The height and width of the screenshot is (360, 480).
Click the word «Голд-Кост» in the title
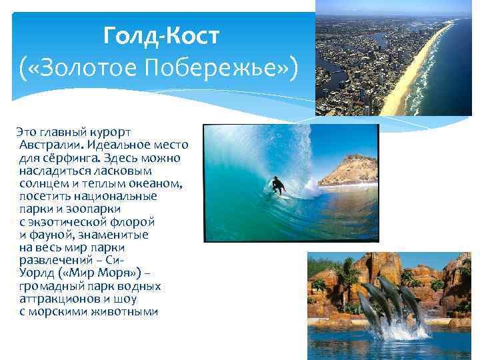[x=160, y=35]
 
